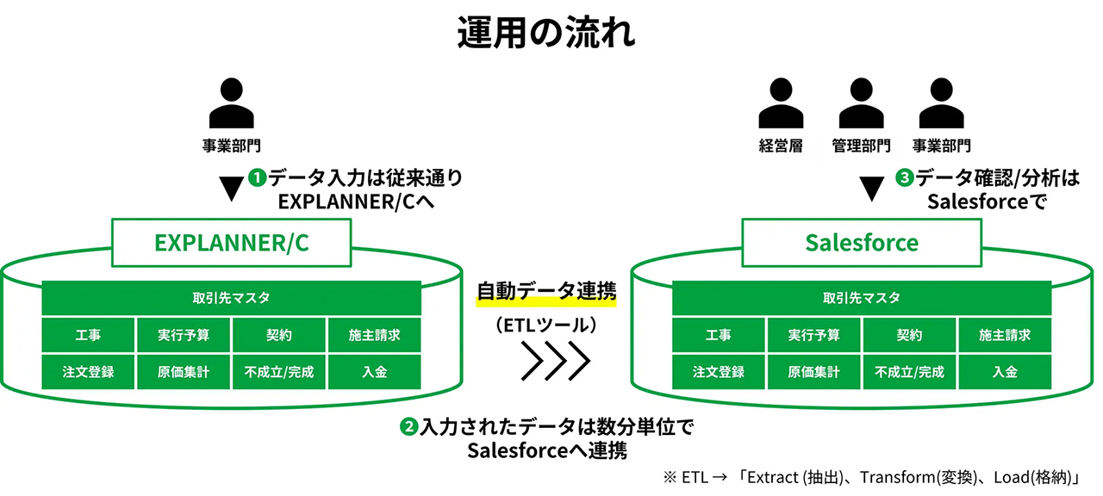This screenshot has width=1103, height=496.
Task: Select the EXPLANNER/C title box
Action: point(232,243)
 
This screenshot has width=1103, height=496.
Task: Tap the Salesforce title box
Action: point(862,243)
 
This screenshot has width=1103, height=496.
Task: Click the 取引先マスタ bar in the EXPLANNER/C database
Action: point(232,298)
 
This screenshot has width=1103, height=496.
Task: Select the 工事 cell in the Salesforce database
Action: point(718,335)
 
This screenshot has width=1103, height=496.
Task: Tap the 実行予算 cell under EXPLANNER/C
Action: point(184,335)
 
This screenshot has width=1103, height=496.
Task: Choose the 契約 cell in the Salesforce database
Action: point(909,335)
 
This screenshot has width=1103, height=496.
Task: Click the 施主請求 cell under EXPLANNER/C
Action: point(375,335)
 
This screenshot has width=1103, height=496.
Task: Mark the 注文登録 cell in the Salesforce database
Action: point(718,372)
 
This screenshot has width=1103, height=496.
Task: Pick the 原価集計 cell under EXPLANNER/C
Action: point(184,372)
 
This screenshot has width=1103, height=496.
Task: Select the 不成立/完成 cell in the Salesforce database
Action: point(909,372)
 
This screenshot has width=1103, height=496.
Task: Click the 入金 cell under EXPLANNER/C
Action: point(375,372)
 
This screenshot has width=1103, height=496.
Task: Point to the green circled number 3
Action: point(904,179)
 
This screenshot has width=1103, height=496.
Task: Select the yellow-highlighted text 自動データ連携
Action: point(546,292)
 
